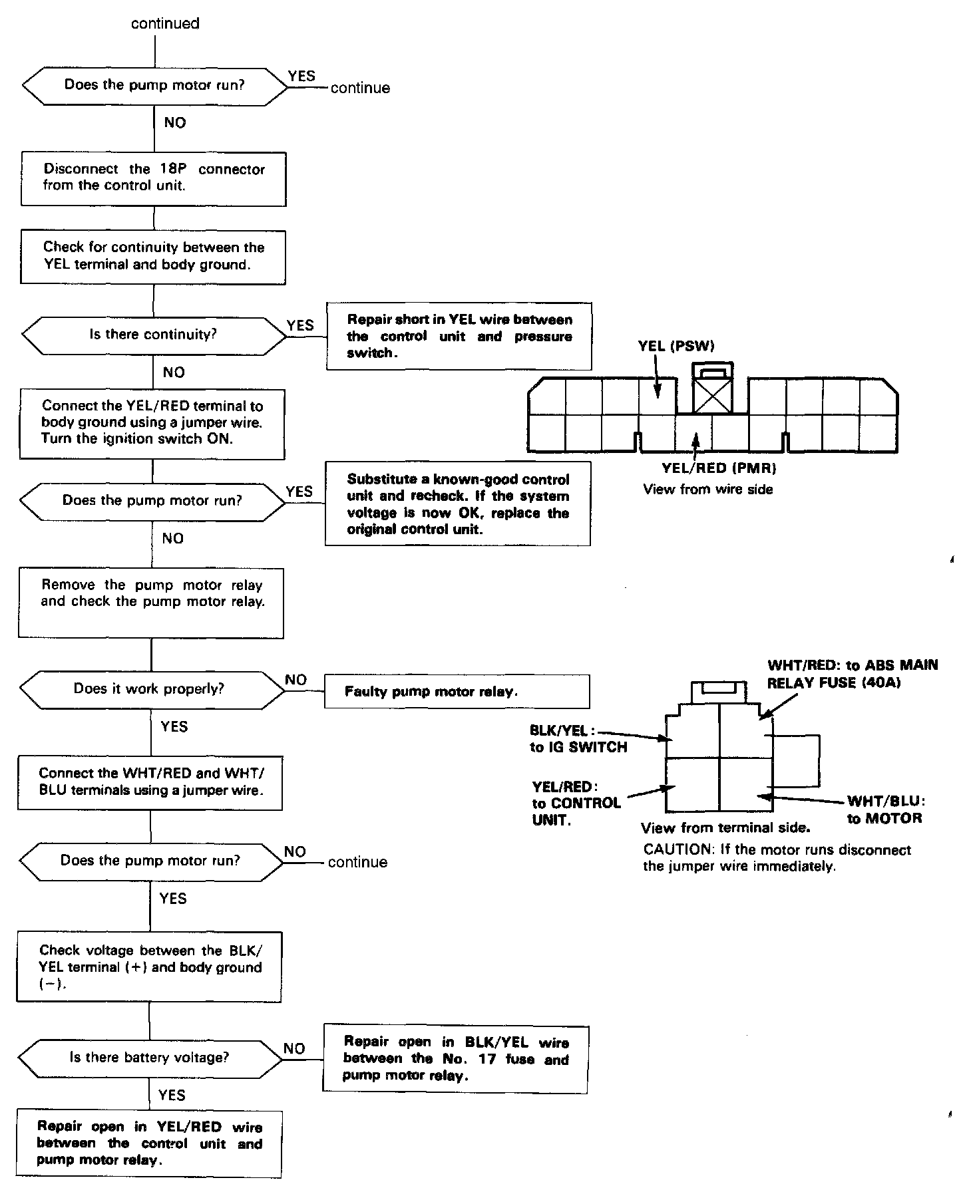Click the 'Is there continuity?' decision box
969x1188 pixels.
coord(154,335)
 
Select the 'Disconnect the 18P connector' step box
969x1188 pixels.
coord(154,178)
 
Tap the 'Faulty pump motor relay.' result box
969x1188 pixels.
coord(457,692)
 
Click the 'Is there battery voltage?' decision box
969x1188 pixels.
coord(150,1058)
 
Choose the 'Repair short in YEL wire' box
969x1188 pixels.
coord(459,336)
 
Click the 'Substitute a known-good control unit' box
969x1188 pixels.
coord(458,504)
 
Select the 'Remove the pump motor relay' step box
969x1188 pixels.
coord(151,602)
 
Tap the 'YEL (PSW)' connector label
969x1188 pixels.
coord(676,347)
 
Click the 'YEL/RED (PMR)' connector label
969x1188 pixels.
coord(719,468)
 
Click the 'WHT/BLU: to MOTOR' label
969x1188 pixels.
coord(885,810)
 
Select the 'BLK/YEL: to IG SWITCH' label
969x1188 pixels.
coord(578,739)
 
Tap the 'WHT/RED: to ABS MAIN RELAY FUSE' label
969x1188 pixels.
coord(852,674)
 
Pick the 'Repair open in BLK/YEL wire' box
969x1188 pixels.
coord(455,1059)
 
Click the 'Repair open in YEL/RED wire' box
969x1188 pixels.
coord(150,1143)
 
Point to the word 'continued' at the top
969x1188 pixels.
coord(165,24)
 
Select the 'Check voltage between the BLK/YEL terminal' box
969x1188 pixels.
coord(150,966)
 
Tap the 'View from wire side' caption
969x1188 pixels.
coord(708,490)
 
